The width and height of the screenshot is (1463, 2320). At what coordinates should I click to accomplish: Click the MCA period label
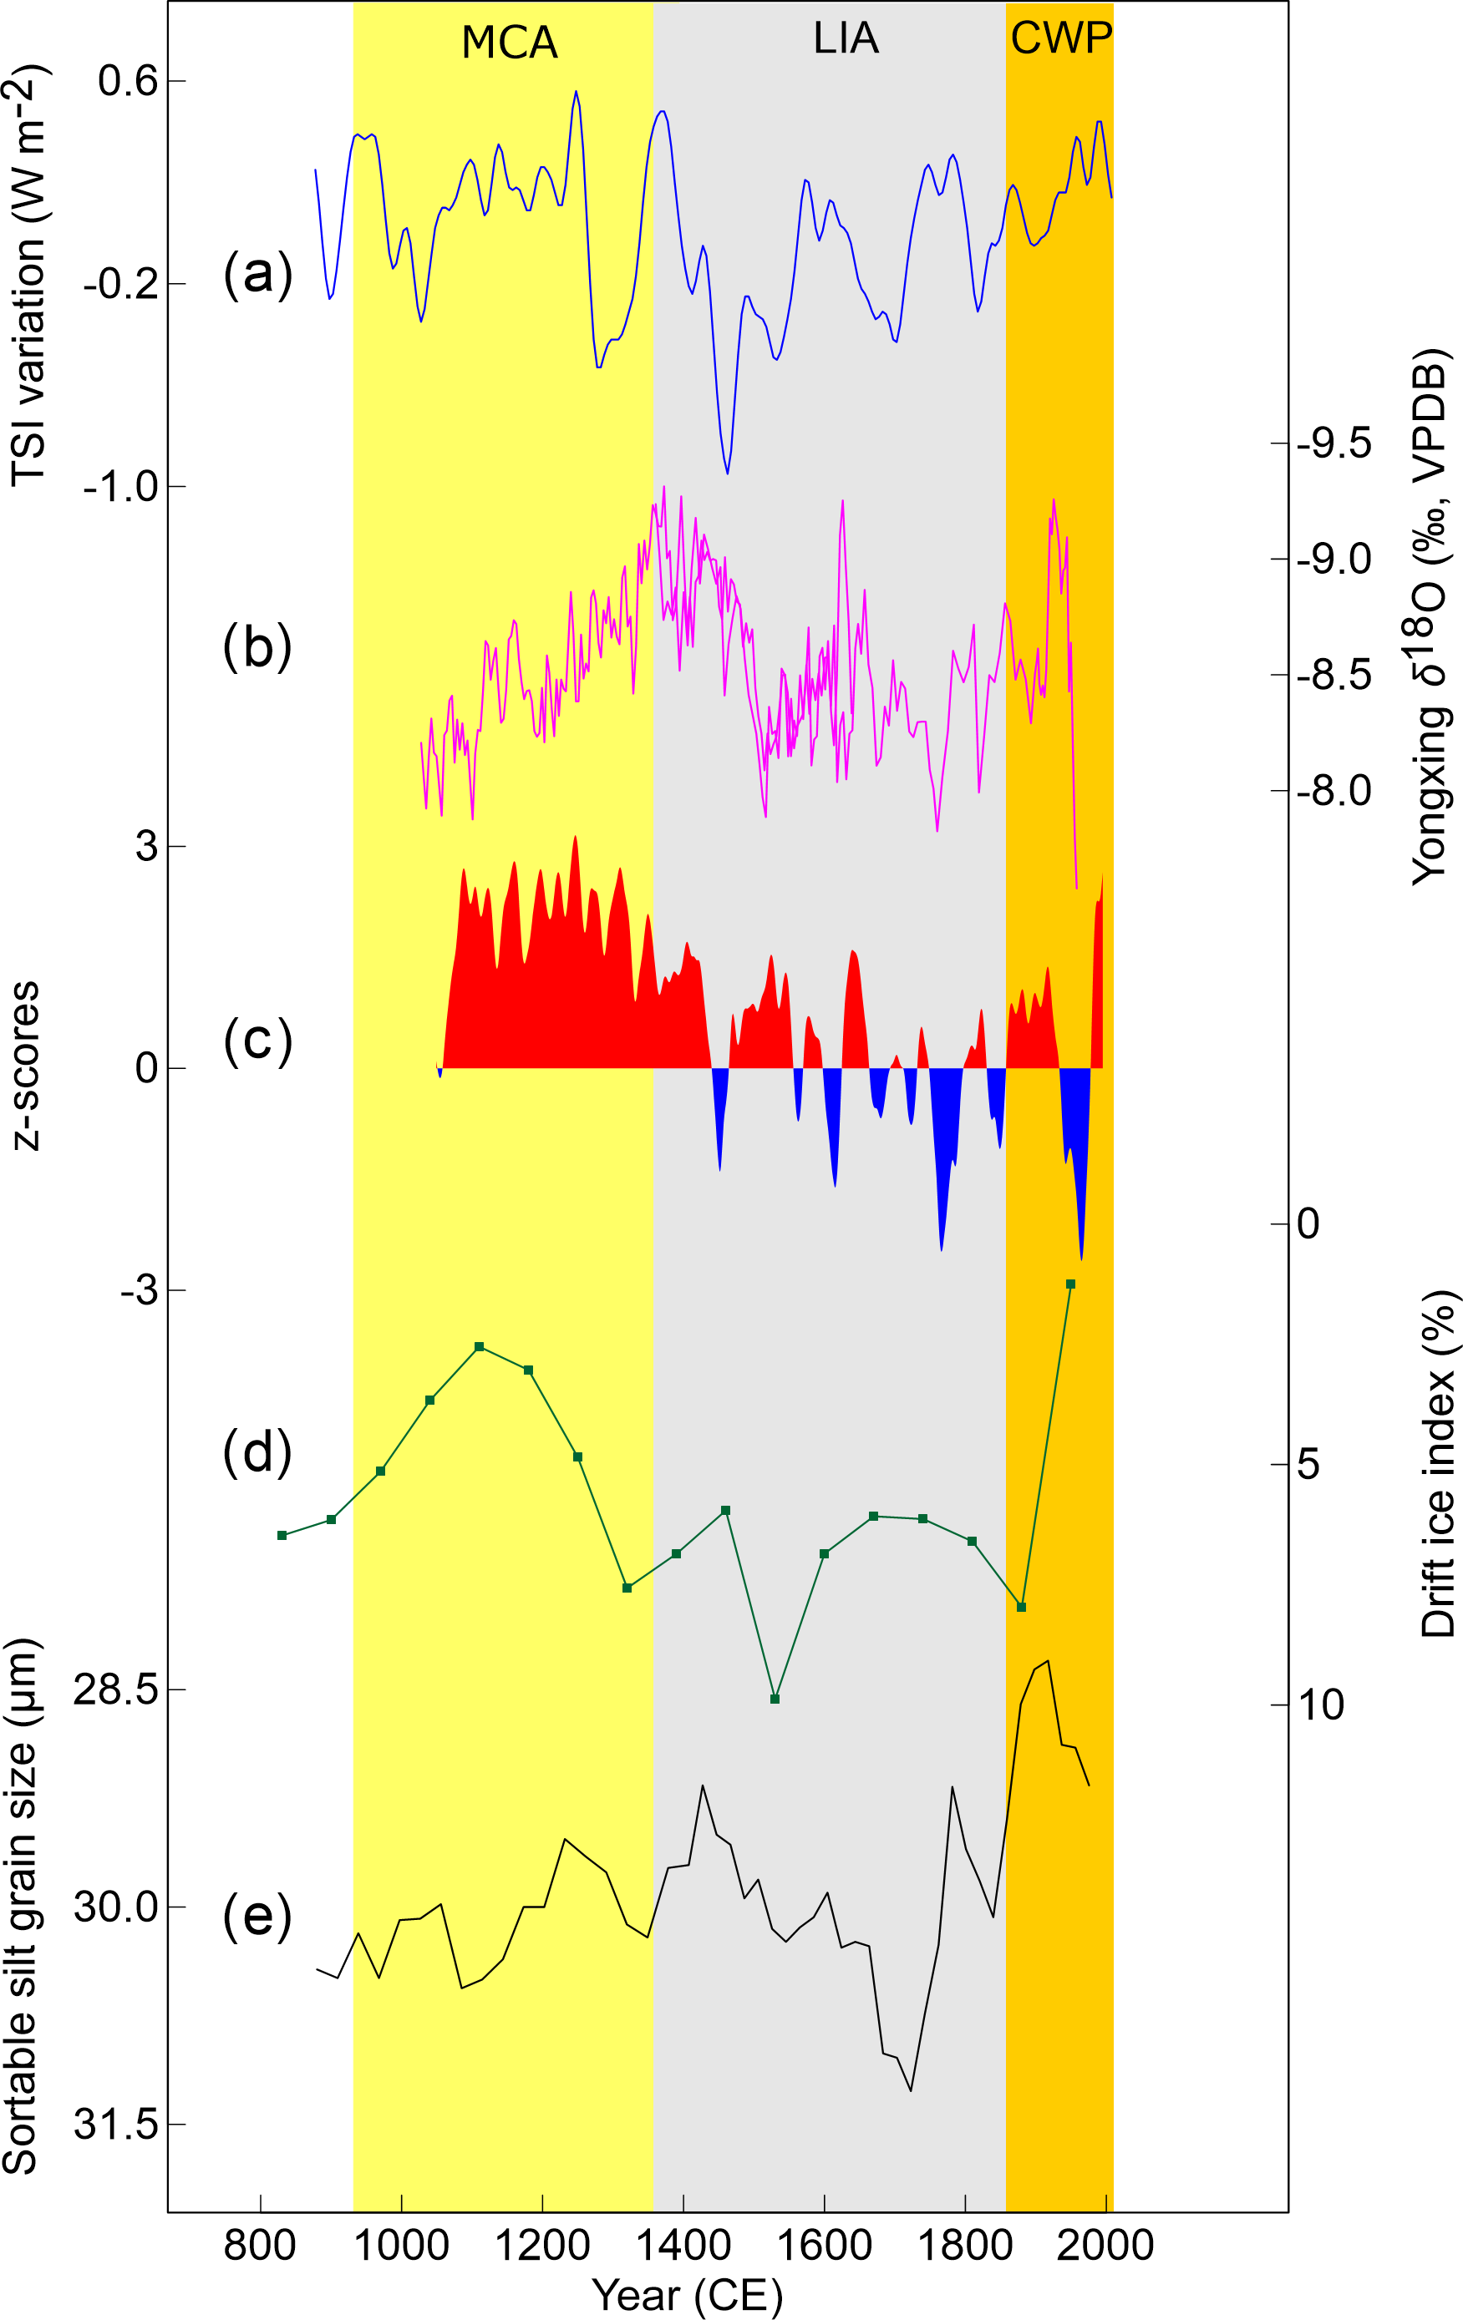[x=509, y=43]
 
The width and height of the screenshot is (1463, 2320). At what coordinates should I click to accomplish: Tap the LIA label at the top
[x=846, y=38]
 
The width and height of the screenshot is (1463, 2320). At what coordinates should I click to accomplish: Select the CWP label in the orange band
[x=1060, y=38]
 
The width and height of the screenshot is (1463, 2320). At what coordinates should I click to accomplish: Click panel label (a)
[x=257, y=275]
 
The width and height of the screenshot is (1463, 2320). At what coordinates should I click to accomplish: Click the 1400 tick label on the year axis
[x=683, y=2246]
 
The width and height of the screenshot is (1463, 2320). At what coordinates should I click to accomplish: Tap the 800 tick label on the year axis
[x=259, y=2246]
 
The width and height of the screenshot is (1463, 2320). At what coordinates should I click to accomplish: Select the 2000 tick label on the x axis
[x=1105, y=2246]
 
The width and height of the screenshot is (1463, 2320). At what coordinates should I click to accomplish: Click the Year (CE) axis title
[x=686, y=2295]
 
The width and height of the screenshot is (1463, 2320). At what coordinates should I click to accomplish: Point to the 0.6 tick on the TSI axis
[x=127, y=81]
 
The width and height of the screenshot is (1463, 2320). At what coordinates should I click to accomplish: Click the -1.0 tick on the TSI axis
[x=120, y=487]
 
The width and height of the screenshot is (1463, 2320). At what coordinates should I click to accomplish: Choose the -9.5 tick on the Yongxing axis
[x=1333, y=444]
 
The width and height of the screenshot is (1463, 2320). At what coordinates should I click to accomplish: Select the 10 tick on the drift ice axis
[x=1320, y=1705]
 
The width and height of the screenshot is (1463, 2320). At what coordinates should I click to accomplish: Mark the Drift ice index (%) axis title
[x=1438, y=1465]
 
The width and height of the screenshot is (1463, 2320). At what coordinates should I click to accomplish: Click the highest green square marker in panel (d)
[x=1069, y=1284]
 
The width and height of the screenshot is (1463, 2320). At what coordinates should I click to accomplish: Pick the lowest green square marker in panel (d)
[x=775, y=1699]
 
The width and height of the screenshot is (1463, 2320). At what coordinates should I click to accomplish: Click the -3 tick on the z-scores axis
[x=139, y=1290]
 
